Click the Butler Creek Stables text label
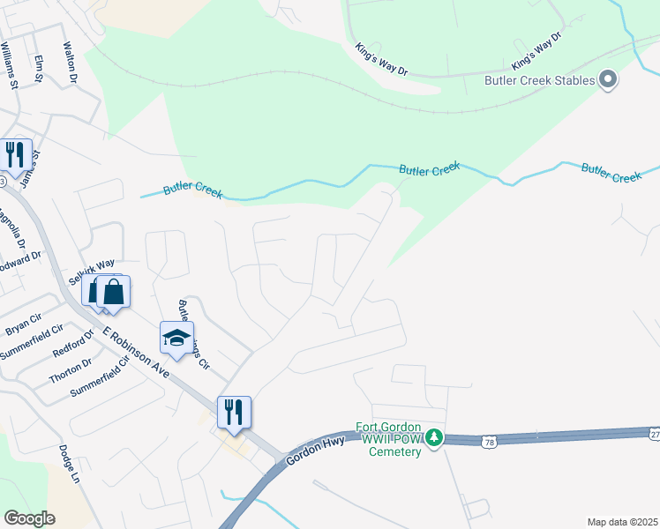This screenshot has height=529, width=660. (540, 80)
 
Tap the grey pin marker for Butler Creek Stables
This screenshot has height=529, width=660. (608, 80)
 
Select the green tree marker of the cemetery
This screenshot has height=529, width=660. (433, 437)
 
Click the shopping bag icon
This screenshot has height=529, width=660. (114, 292)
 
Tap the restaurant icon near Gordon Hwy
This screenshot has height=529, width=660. (234, 412)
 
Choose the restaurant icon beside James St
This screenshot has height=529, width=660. (16, 155)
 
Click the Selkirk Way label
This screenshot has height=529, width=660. (92, 270)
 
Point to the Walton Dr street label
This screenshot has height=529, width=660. (71, 62)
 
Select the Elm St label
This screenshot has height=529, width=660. (39, 69)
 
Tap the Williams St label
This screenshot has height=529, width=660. (11, 65)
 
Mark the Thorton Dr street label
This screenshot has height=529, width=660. (70, 369)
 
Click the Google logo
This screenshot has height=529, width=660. (29, 518)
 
